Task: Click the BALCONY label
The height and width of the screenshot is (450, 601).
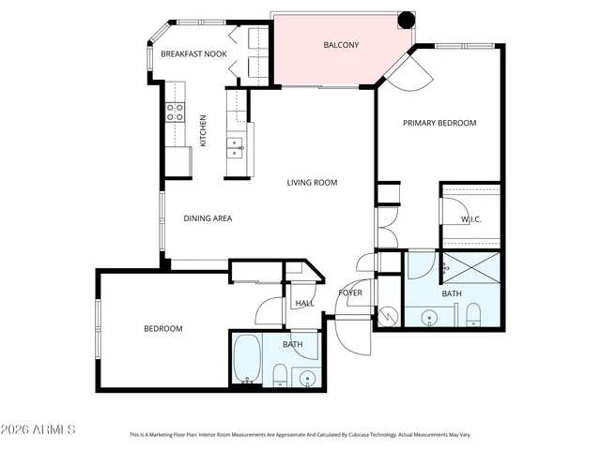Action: tap(339, 45)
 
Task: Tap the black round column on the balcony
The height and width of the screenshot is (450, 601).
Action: tap(406, 19)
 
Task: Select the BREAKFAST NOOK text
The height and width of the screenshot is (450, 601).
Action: tap(193, 54)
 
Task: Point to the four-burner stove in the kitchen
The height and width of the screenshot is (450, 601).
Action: tap(176, 112)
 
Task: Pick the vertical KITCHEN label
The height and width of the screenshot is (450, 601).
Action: tap(203, 130)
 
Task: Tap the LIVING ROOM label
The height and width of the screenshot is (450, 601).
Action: tap(312, 183)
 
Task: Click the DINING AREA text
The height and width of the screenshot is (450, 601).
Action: tap(208, 218)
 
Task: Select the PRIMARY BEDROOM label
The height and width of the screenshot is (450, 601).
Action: tap(439, 123)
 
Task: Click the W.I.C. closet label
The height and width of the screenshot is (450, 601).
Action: tap(470, 219)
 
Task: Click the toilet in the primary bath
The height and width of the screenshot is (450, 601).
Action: tap(472, 313)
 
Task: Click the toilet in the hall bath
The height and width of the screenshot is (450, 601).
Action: tap(279, 376)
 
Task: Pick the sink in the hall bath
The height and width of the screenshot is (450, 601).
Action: tap(306, 377)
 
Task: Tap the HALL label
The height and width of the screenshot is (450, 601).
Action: tap(304, 304)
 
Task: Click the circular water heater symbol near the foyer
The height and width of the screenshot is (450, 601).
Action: tap(386, 312)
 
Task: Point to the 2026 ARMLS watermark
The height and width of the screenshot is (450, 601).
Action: tap(39, 429)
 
